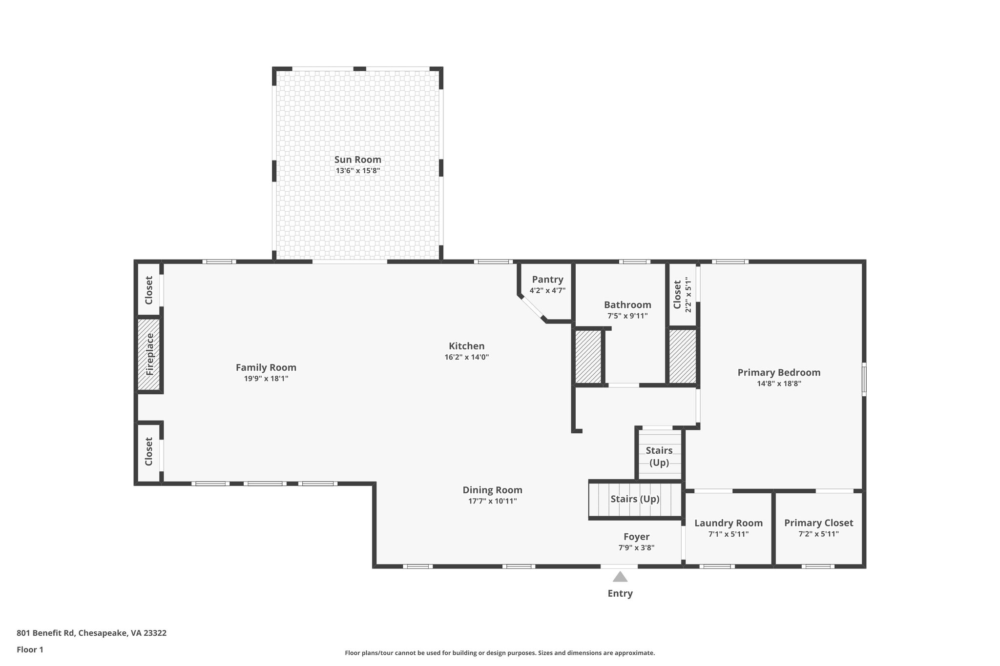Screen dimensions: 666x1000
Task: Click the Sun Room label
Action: click(x=357, y=160)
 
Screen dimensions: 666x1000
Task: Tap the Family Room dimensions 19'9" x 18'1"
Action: click(x=266, y=379)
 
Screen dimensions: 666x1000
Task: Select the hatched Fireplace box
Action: click(x=149, y=354)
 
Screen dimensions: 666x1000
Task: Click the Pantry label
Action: click(x=547, y=280)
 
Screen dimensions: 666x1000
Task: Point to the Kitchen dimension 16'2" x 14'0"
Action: click(x=466, y=357)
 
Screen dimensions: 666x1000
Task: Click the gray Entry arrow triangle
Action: click(x=620, y=577)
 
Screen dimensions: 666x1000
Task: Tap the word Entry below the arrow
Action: click(x=620, y=594)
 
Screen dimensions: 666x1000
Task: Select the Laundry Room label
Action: click(x=728, y=523)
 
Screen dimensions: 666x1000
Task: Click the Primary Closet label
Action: click(x=818, y=523)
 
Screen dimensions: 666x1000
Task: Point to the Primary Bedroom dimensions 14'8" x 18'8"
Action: click(x=779, y=383)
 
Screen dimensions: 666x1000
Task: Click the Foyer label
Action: click(x=636, y=537)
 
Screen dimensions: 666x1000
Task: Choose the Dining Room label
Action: click(x=492, y=490)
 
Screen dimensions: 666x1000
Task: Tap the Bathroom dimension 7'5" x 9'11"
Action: click(x=627, y=316)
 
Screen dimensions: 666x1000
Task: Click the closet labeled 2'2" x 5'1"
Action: click(x=682, y=295)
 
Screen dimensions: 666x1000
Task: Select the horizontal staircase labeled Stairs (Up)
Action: click(x=635, y=499)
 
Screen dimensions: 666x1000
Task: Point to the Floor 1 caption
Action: click(x=30, y=650)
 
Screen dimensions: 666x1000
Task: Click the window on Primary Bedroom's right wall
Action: click(x=864, y=379)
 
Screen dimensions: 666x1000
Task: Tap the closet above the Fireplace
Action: click(x=149, y=290)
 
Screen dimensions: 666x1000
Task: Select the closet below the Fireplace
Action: click(x=149, y=451)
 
